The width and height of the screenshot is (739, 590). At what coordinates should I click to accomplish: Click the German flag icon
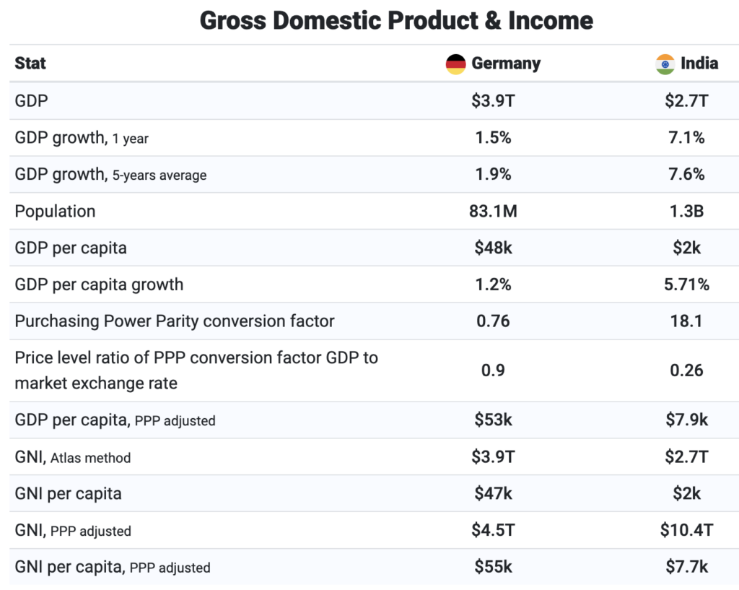pyautogui.click(x=455, y=64)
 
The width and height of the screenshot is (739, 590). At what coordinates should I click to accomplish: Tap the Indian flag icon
pyautogui.click(x=665, y=64)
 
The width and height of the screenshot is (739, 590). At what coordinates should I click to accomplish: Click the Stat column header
pyautogui.click(x=30, y=64)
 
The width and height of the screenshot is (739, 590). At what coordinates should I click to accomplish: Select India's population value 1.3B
pyautogui.click(x=686, y=212)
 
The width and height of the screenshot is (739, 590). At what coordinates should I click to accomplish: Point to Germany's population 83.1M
pyautogui.click(x=494, y=212)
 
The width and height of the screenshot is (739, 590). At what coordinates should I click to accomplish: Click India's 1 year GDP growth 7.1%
pyautogui.click(x=686, y=138)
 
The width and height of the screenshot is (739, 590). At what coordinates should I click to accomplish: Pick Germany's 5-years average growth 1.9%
pyautogui.click(x=494, y=175)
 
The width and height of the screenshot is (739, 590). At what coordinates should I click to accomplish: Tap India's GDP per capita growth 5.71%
pyautogui.click(x=686, y=285)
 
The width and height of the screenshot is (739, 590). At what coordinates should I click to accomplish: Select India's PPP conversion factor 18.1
pyautogui.click(x=686, y=321)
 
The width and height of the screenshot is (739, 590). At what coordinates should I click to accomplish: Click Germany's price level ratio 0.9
pyautogui.click(x=494, y=370)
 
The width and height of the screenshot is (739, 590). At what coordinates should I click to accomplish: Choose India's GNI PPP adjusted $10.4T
pyautogui.click(x=686, y=531)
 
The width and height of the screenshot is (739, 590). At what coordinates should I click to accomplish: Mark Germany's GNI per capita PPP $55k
pyautogui.click(x=494, y=568)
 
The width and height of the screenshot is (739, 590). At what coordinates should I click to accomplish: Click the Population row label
pyautogui.click(x=55, y=212)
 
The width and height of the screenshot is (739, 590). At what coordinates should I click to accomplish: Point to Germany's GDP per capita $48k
pyautogui.click(x=494, y=248)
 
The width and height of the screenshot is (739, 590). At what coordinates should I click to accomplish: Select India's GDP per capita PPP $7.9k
pyautogui.click(x=686, y=420)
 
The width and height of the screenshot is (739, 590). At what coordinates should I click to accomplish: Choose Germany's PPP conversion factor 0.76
pyautogui.click(x=494, y=321)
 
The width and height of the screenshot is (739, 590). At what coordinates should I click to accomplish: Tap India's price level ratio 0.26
pyautogui.click(x=686, y=370)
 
